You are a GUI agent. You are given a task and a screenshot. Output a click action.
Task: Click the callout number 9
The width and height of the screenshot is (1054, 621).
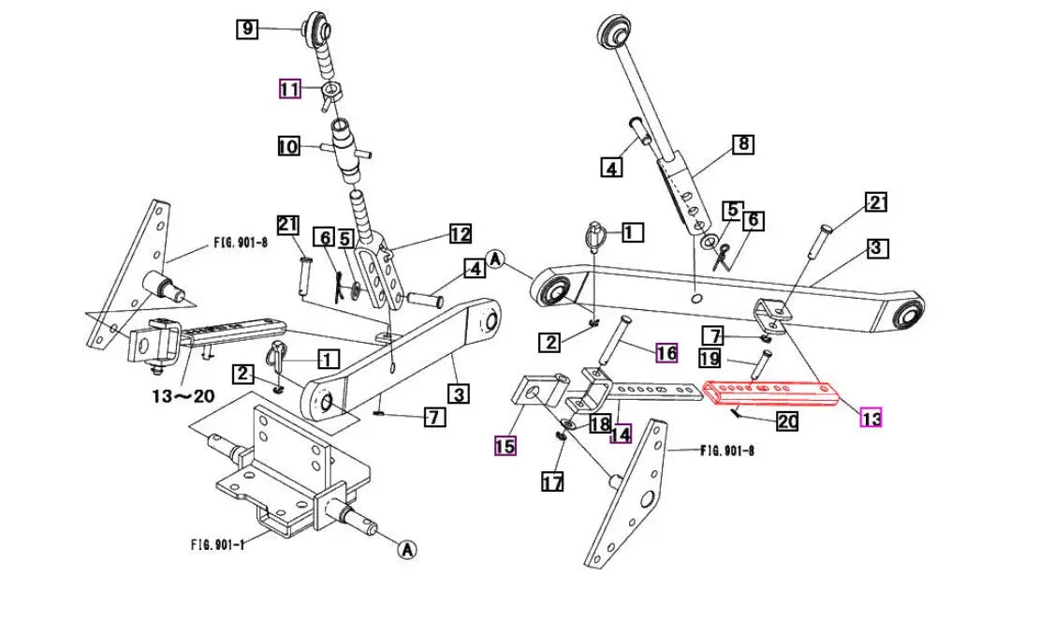246,29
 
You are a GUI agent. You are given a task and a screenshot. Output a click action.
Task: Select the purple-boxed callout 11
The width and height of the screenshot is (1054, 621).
289,90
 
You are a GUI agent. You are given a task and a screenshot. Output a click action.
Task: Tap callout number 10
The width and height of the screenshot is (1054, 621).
288,147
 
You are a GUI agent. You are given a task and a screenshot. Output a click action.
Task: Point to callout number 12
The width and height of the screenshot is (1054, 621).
460,233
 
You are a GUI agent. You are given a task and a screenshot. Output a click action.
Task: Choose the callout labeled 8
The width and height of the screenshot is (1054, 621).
742,144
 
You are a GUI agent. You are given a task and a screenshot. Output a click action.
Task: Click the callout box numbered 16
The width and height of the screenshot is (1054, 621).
666,353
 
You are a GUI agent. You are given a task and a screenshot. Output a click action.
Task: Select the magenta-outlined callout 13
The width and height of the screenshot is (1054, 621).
871,419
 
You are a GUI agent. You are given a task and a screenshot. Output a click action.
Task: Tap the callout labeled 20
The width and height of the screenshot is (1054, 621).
787,421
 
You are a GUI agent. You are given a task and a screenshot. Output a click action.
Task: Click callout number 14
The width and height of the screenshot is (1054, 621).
620,434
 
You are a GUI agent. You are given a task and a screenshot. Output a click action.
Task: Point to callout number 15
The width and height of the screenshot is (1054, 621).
505,446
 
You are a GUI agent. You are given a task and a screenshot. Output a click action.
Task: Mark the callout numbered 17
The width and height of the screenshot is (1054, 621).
552,482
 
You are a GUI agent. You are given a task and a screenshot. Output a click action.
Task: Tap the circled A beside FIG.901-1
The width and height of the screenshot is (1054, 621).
406,551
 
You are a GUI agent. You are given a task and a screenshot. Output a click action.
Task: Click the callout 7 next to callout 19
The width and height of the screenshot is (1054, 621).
713,335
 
